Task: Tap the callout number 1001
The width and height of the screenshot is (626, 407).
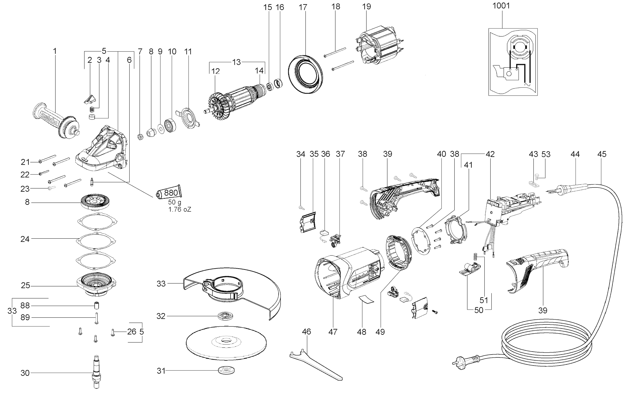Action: pos(501,6)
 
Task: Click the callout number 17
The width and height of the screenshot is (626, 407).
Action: pos(303,7)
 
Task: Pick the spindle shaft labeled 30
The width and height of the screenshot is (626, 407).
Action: pos(97,372)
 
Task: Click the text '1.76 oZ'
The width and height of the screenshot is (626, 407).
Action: pos(180,210)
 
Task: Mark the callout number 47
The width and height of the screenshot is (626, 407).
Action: pos(333,332)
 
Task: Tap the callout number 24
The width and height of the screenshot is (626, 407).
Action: pos(25,239)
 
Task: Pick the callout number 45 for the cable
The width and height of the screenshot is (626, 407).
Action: pos(602,154)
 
